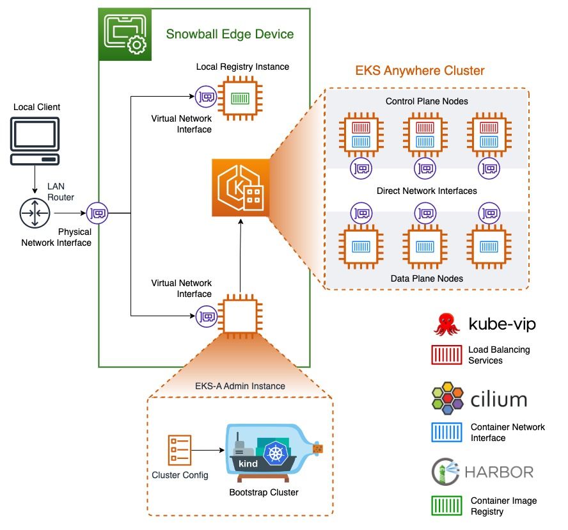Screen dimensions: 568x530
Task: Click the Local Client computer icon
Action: pos(35,141)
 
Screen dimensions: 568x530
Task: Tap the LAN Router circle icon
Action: pos(35,213)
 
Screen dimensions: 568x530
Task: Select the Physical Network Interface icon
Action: pos(97,213)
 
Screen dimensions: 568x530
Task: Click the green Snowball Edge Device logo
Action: pos(125,35)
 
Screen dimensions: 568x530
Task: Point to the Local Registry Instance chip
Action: pos(240,98)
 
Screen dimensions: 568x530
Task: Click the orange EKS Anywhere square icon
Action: pos(241,188)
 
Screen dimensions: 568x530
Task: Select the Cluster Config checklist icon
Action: pos(179,450)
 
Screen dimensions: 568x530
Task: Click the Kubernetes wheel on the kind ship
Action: pos(276,453)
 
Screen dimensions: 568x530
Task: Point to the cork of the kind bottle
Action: pos(318,449)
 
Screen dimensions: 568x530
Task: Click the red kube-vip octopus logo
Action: pos(446,325)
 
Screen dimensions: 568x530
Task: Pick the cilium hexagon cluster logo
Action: pos(448,398)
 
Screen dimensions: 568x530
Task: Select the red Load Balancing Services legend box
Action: pos(446,355)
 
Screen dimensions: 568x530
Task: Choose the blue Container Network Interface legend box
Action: pos(446,432)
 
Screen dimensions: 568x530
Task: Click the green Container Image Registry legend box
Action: pos(446,506)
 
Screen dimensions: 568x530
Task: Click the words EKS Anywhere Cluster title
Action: pos(420,70)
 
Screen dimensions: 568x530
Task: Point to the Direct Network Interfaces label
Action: pos(427,191)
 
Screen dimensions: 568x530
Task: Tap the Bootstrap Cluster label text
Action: pos(264,492)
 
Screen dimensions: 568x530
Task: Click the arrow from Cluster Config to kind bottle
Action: pos(208,450)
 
